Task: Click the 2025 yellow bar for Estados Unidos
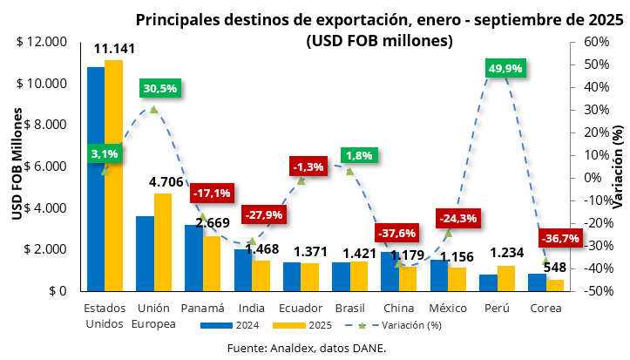[113, 174]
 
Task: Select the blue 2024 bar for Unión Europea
[145, 253]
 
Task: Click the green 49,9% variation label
[505, 69]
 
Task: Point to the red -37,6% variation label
[396, 233]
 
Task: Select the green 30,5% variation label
[159, 88]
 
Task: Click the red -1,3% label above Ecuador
[308, 166]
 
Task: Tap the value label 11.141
[113, 50]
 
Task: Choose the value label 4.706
[164, 182]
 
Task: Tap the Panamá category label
[203, 309]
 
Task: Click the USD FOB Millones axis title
[17, 166]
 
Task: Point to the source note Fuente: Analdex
[306, 347]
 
